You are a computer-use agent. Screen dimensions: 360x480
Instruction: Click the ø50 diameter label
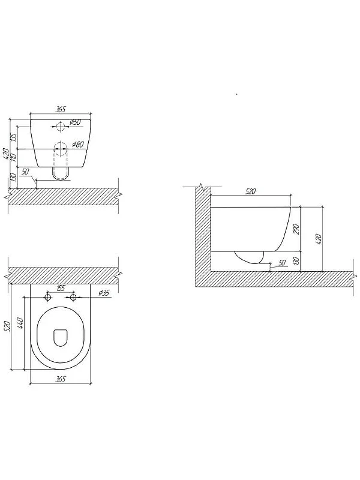76,122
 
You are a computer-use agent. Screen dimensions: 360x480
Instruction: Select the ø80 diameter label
78,145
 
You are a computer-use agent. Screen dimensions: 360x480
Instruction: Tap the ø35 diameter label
104,293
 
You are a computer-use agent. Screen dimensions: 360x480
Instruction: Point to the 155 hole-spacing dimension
61,288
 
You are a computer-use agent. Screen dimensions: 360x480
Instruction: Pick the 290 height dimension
296,229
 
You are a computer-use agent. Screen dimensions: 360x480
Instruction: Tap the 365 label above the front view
60,109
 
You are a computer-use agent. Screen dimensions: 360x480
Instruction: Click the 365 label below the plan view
60,379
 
